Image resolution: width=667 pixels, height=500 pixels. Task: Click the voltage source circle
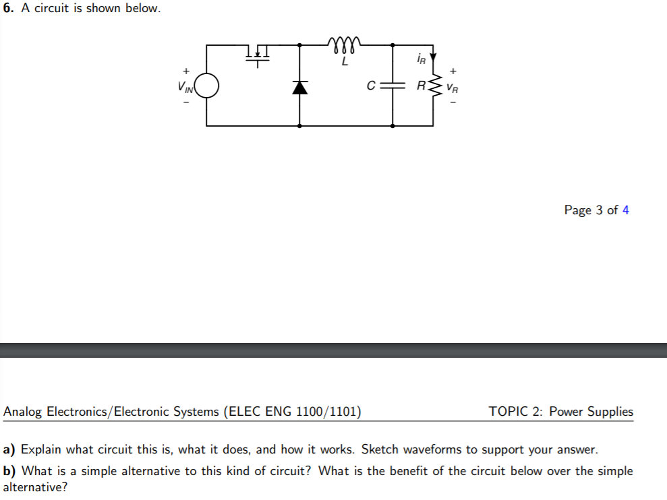click(x=206, y=86)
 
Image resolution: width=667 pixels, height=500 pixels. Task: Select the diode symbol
click(x=299, y=86)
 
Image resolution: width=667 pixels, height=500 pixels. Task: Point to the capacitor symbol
click(x=393, y=86)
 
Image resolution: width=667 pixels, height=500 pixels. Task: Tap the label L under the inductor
click(x=345, y=61)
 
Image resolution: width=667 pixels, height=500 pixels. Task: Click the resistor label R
click(x=421, y=86)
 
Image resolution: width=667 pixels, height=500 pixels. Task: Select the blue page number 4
click(x=625, y=210)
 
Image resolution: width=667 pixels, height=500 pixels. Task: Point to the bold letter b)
click(x=10, y=471)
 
